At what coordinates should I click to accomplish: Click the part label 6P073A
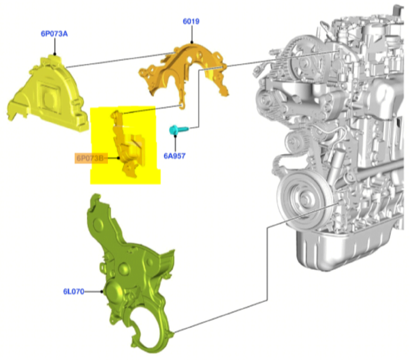pos(54,34)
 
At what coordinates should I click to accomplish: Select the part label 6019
pos(191,21)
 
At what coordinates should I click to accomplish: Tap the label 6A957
pos(174,156)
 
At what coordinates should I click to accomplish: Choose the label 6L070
pos(74,291)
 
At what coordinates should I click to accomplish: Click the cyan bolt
pos(179,130)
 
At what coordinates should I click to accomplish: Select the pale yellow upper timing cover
pos(47,94)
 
